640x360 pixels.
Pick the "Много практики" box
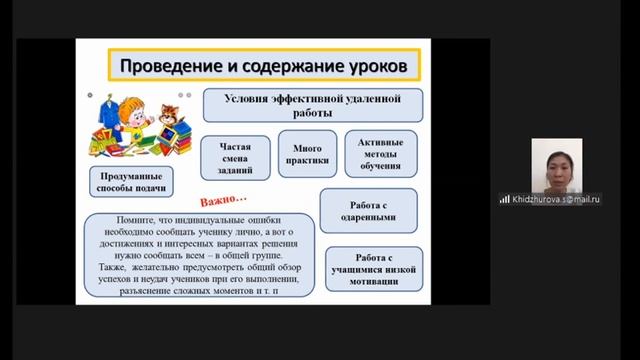300,150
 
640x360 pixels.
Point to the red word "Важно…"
226,192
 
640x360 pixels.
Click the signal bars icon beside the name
504,198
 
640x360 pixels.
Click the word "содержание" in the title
276,66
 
